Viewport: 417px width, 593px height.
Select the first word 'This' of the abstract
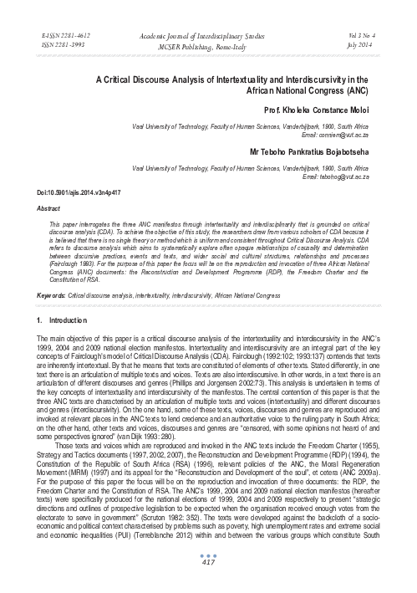point(57,226)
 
